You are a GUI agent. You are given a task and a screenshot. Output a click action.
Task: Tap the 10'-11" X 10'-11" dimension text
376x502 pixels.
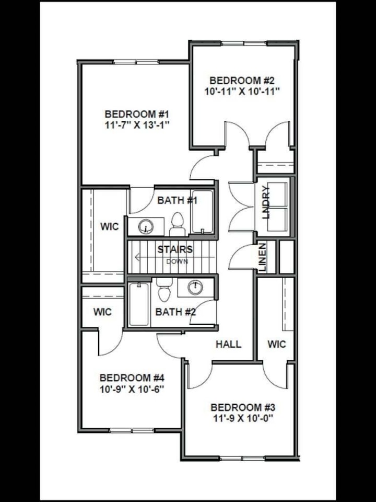tap(242, 91)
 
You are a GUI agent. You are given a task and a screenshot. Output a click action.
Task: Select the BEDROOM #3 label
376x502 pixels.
tap(242, 407)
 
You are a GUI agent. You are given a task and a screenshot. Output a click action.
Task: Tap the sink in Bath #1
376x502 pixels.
tap(146, 226)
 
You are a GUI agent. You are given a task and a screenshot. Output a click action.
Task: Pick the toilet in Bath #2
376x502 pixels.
tap(163, 291)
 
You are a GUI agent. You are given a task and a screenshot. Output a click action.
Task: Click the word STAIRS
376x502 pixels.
tap(175, 249)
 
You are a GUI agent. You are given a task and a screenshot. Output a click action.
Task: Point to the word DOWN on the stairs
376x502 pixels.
tap(177, 261)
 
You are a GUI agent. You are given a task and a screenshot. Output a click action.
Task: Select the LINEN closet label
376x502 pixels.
tap(263, 257)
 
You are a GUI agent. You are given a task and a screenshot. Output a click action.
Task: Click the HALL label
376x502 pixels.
tap(229, 344)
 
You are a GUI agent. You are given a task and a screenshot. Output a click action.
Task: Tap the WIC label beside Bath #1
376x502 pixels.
tap(109, 227)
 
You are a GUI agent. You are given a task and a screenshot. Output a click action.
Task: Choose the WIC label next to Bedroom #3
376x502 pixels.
tap(276, 344)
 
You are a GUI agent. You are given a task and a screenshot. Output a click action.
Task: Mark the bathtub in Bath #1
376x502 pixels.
tap(202, 212)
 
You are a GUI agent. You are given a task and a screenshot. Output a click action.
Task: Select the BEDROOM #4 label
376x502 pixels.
tap(132, 378)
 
